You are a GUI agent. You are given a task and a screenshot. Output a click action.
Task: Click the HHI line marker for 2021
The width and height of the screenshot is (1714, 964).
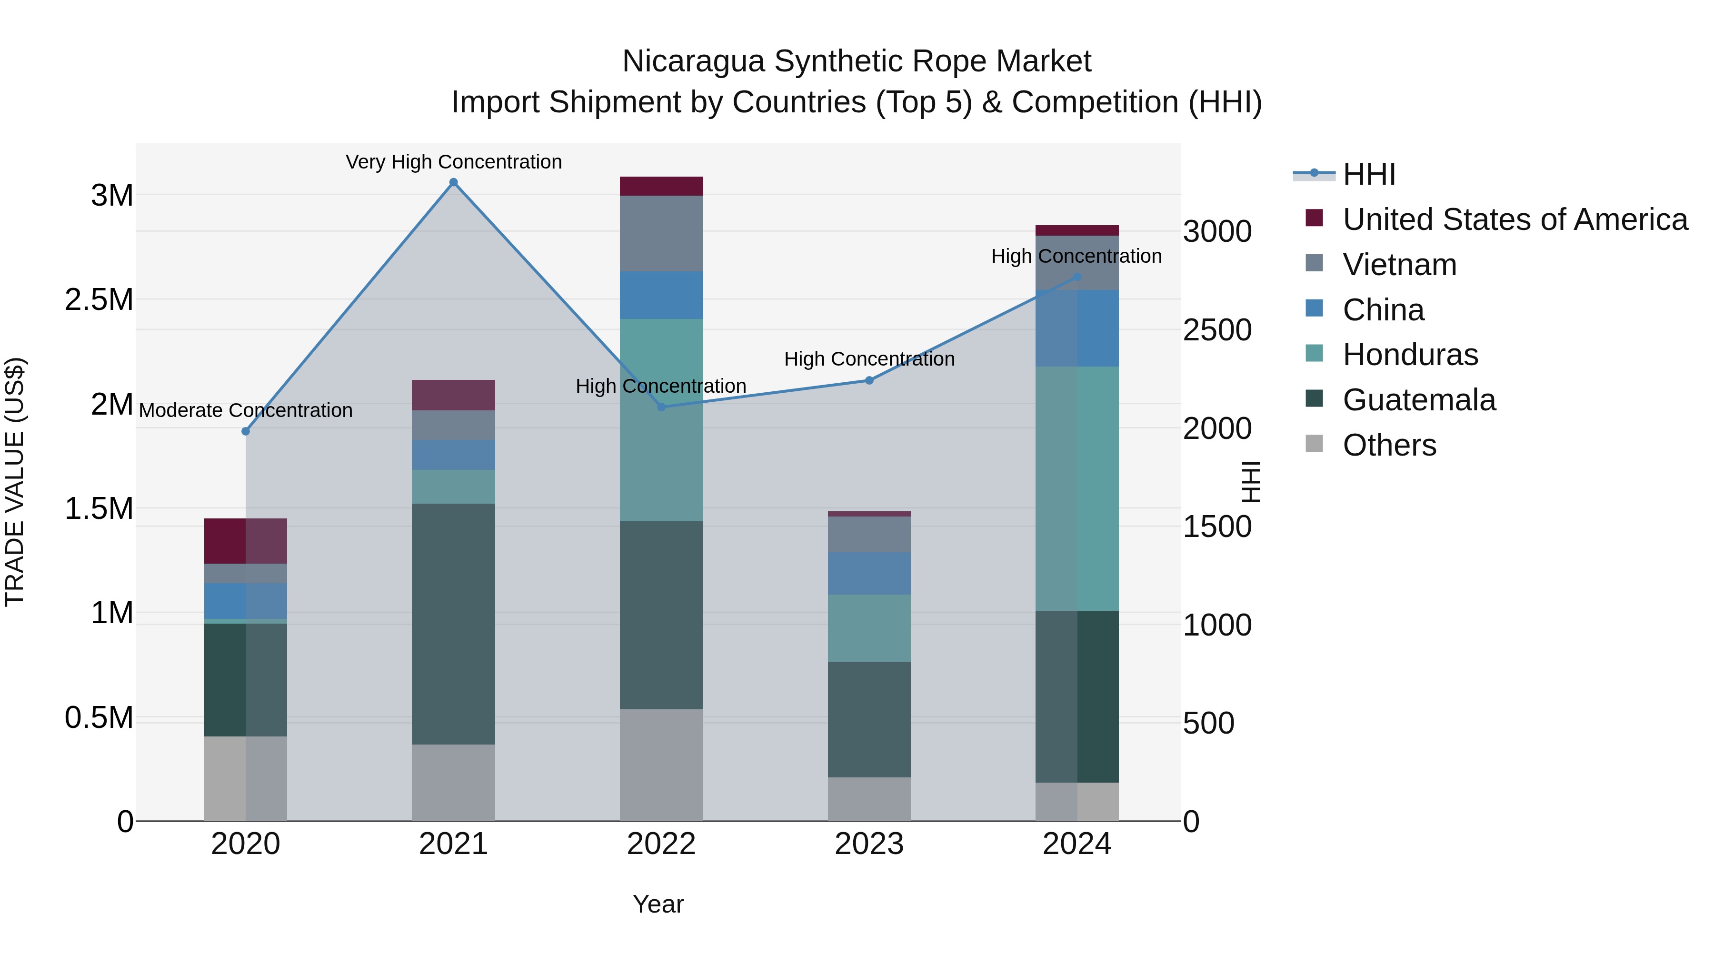tap(453, 182)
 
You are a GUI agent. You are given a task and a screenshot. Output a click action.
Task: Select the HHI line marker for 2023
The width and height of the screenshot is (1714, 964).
tap(868, 380)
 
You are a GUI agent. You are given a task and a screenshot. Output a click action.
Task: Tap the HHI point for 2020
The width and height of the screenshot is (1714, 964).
tap(246, 431)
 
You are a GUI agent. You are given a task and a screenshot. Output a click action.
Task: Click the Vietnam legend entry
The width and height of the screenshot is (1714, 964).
tap(1399, 265)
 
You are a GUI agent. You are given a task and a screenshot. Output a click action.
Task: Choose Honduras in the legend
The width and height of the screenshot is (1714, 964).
tap(1410, 355)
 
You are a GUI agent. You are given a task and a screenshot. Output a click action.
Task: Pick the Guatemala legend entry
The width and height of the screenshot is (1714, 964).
tap(1419, 400)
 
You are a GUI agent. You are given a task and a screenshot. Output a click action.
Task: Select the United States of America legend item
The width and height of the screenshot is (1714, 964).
tap(1515, 219)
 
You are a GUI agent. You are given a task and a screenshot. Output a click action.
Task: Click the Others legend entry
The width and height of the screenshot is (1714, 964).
tap(1389, 445)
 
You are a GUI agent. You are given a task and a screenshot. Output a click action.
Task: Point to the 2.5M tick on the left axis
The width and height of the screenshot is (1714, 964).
tap(99, 300)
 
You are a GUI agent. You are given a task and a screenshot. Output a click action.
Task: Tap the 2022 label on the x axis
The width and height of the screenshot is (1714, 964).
tap(661, 844)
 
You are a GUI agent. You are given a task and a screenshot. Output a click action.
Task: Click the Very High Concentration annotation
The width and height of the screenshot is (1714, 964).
tap(454, 162)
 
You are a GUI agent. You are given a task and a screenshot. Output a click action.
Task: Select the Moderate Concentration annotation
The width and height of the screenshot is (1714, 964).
tap(246, 410)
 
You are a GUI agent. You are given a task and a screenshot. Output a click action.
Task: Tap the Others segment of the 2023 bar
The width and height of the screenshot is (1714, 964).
tap(868, 798)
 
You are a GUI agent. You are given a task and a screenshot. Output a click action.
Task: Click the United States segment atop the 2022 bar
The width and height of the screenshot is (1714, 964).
tap(661, 186)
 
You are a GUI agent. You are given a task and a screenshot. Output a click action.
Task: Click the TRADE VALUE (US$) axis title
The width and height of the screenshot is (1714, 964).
tap(15, 482)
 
